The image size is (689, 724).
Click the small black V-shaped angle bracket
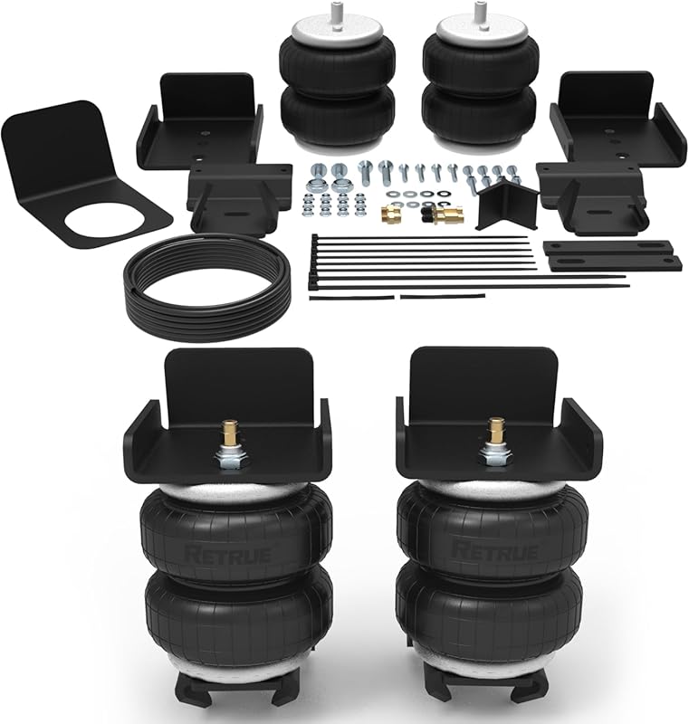point(502,205)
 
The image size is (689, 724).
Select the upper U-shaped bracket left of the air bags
point(199,127)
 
